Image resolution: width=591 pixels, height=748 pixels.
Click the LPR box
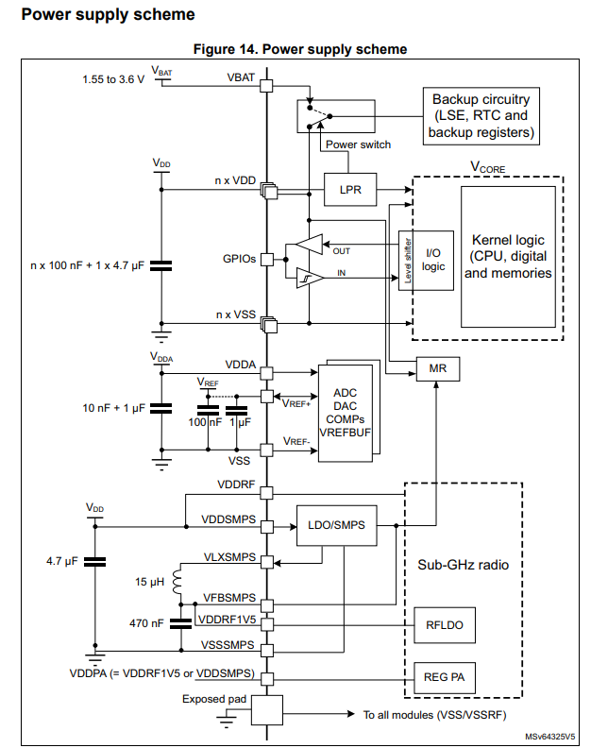click(x=350, y=190)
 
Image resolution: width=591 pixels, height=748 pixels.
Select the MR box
click(x=437, y=369)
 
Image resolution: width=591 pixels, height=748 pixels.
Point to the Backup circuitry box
click(x=481, y=116)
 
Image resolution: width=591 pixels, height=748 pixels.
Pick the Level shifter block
click(x=406, y=261)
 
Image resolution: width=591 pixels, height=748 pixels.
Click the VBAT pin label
click(x=240, y=76)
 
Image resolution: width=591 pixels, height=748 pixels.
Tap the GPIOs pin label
click(x=239, y=258)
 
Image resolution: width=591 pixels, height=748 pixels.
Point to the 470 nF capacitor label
click(x=147, y=623)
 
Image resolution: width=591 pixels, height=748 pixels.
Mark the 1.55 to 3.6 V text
click(x=113, y=79)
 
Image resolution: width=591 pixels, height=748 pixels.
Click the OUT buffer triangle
click(x=308, y=244)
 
